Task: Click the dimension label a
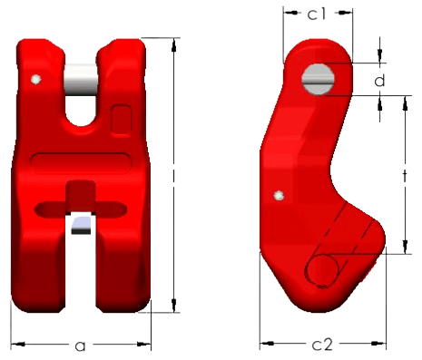point(80,345)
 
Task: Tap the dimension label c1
point(317,14)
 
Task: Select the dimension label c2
point(322,345)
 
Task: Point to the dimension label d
point(379,80)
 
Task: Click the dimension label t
point(405,176)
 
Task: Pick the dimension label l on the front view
point(173,175)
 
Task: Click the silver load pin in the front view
point(81,80)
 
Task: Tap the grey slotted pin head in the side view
point(318,80)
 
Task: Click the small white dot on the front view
point(36,80)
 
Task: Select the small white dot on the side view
point(279,196)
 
